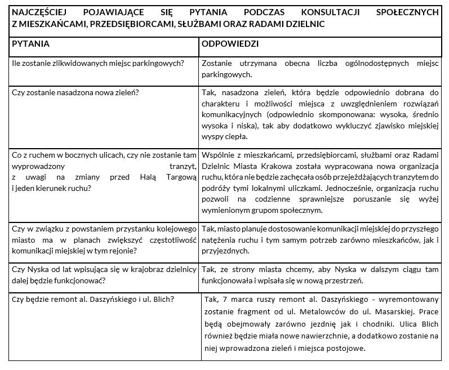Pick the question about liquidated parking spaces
(x=98, y=63)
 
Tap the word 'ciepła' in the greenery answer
(x=235, y=136)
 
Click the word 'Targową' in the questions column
(x=179, y=177)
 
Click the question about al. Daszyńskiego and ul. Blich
(x=93, y=299)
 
